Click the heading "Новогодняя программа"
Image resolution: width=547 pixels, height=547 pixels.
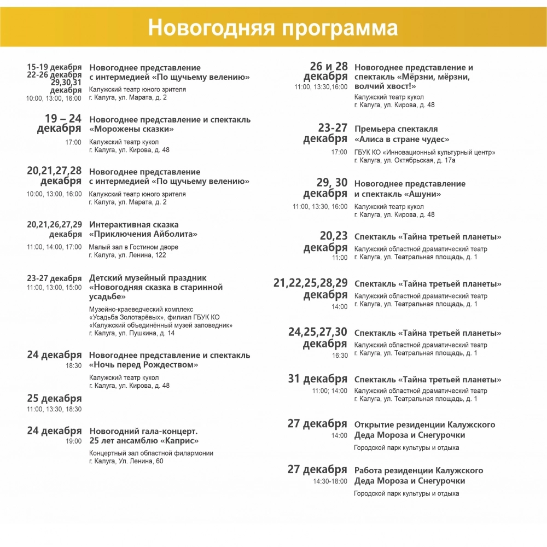point(273,27)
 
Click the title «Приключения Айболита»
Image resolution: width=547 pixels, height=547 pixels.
point(143,234)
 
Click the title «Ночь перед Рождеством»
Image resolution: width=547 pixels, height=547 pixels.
point(144,364)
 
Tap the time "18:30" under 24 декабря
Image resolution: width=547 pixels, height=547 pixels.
point(74,365)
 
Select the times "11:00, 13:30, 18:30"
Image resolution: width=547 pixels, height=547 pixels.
point(54,409)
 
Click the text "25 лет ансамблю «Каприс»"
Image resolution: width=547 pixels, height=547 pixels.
point(144,441)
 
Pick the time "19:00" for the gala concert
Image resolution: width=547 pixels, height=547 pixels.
point(74,441)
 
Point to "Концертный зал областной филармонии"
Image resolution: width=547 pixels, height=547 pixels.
point(151,453)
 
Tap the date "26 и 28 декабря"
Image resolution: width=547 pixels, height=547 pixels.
point(326,72)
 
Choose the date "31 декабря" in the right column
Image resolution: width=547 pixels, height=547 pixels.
point(318,379)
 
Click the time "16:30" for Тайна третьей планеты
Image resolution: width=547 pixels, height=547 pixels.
point(340,356)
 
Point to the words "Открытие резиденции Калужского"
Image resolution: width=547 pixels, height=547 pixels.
point(424,424)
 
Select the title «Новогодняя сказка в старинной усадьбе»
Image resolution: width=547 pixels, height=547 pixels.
point(156,292)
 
